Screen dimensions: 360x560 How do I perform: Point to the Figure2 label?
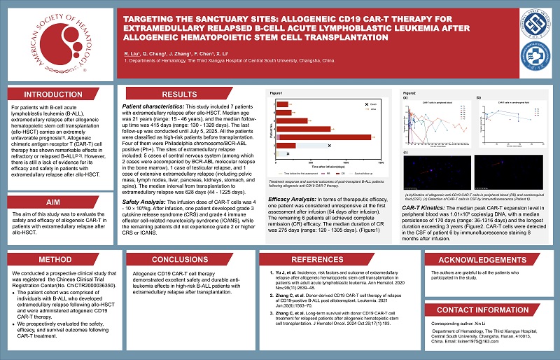tap(410, 93)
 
